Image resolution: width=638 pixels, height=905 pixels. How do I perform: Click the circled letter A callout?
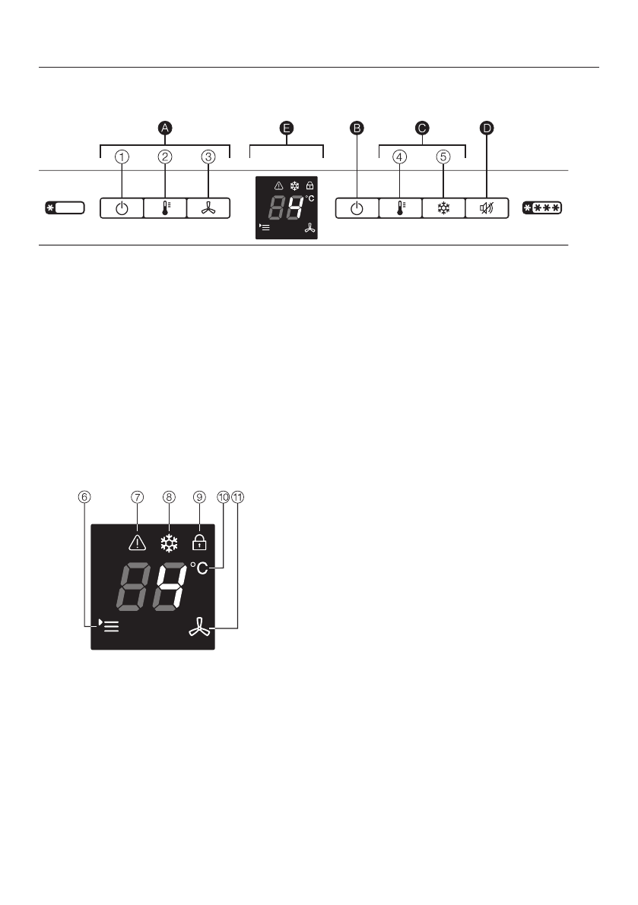(165, 128)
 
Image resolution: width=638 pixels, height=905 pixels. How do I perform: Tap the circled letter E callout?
(286, 128)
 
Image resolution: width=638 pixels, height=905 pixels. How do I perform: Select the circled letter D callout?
(487, 128)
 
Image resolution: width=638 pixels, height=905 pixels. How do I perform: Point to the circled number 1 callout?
(122, 157)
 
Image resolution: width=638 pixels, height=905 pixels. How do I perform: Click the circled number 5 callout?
(443, 157)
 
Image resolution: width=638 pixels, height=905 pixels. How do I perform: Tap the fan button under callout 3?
(209, 208)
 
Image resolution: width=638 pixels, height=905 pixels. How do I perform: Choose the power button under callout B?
(357, 208)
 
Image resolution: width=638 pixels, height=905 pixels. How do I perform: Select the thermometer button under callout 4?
(400, 208)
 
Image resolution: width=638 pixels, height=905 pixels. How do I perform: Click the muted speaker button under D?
(487, 208)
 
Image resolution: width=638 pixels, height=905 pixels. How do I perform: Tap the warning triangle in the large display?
(138, 542)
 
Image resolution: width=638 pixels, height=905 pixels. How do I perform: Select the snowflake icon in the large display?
(169, 543)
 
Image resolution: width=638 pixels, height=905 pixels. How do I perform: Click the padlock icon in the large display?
(199, 541)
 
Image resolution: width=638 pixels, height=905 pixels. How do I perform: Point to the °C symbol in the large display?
(198, 568)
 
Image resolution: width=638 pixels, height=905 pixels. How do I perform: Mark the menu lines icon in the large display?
(110, 627)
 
